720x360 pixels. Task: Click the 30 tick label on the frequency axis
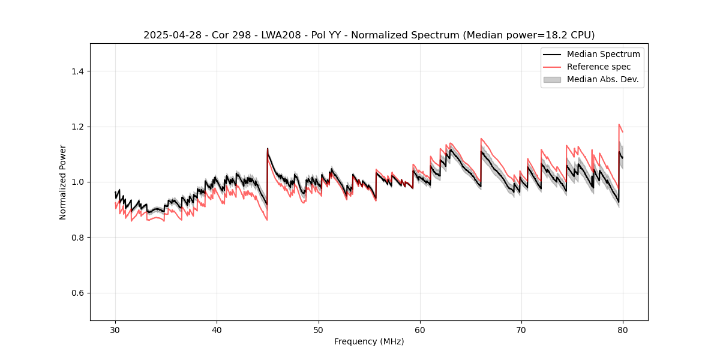(x=115, y=329)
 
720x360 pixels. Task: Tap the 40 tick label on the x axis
(x=217, y=329)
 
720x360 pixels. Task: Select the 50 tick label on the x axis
(x=319, y=329)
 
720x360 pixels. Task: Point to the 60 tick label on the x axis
(x=420, y=329)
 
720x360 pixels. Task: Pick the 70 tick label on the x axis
(x=521, y=329)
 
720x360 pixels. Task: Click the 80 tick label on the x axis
(x=623, y=329)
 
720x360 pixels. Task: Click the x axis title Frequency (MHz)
(x=369, y=341)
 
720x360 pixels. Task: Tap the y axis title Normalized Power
(x=63, y=182)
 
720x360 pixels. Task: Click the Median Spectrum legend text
(x=603, y=54)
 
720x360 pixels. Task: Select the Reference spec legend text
(x=599, y=67)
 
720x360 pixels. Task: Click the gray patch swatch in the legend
(x=552, y=79)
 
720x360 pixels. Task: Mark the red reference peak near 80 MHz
(x=619, y=125)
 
